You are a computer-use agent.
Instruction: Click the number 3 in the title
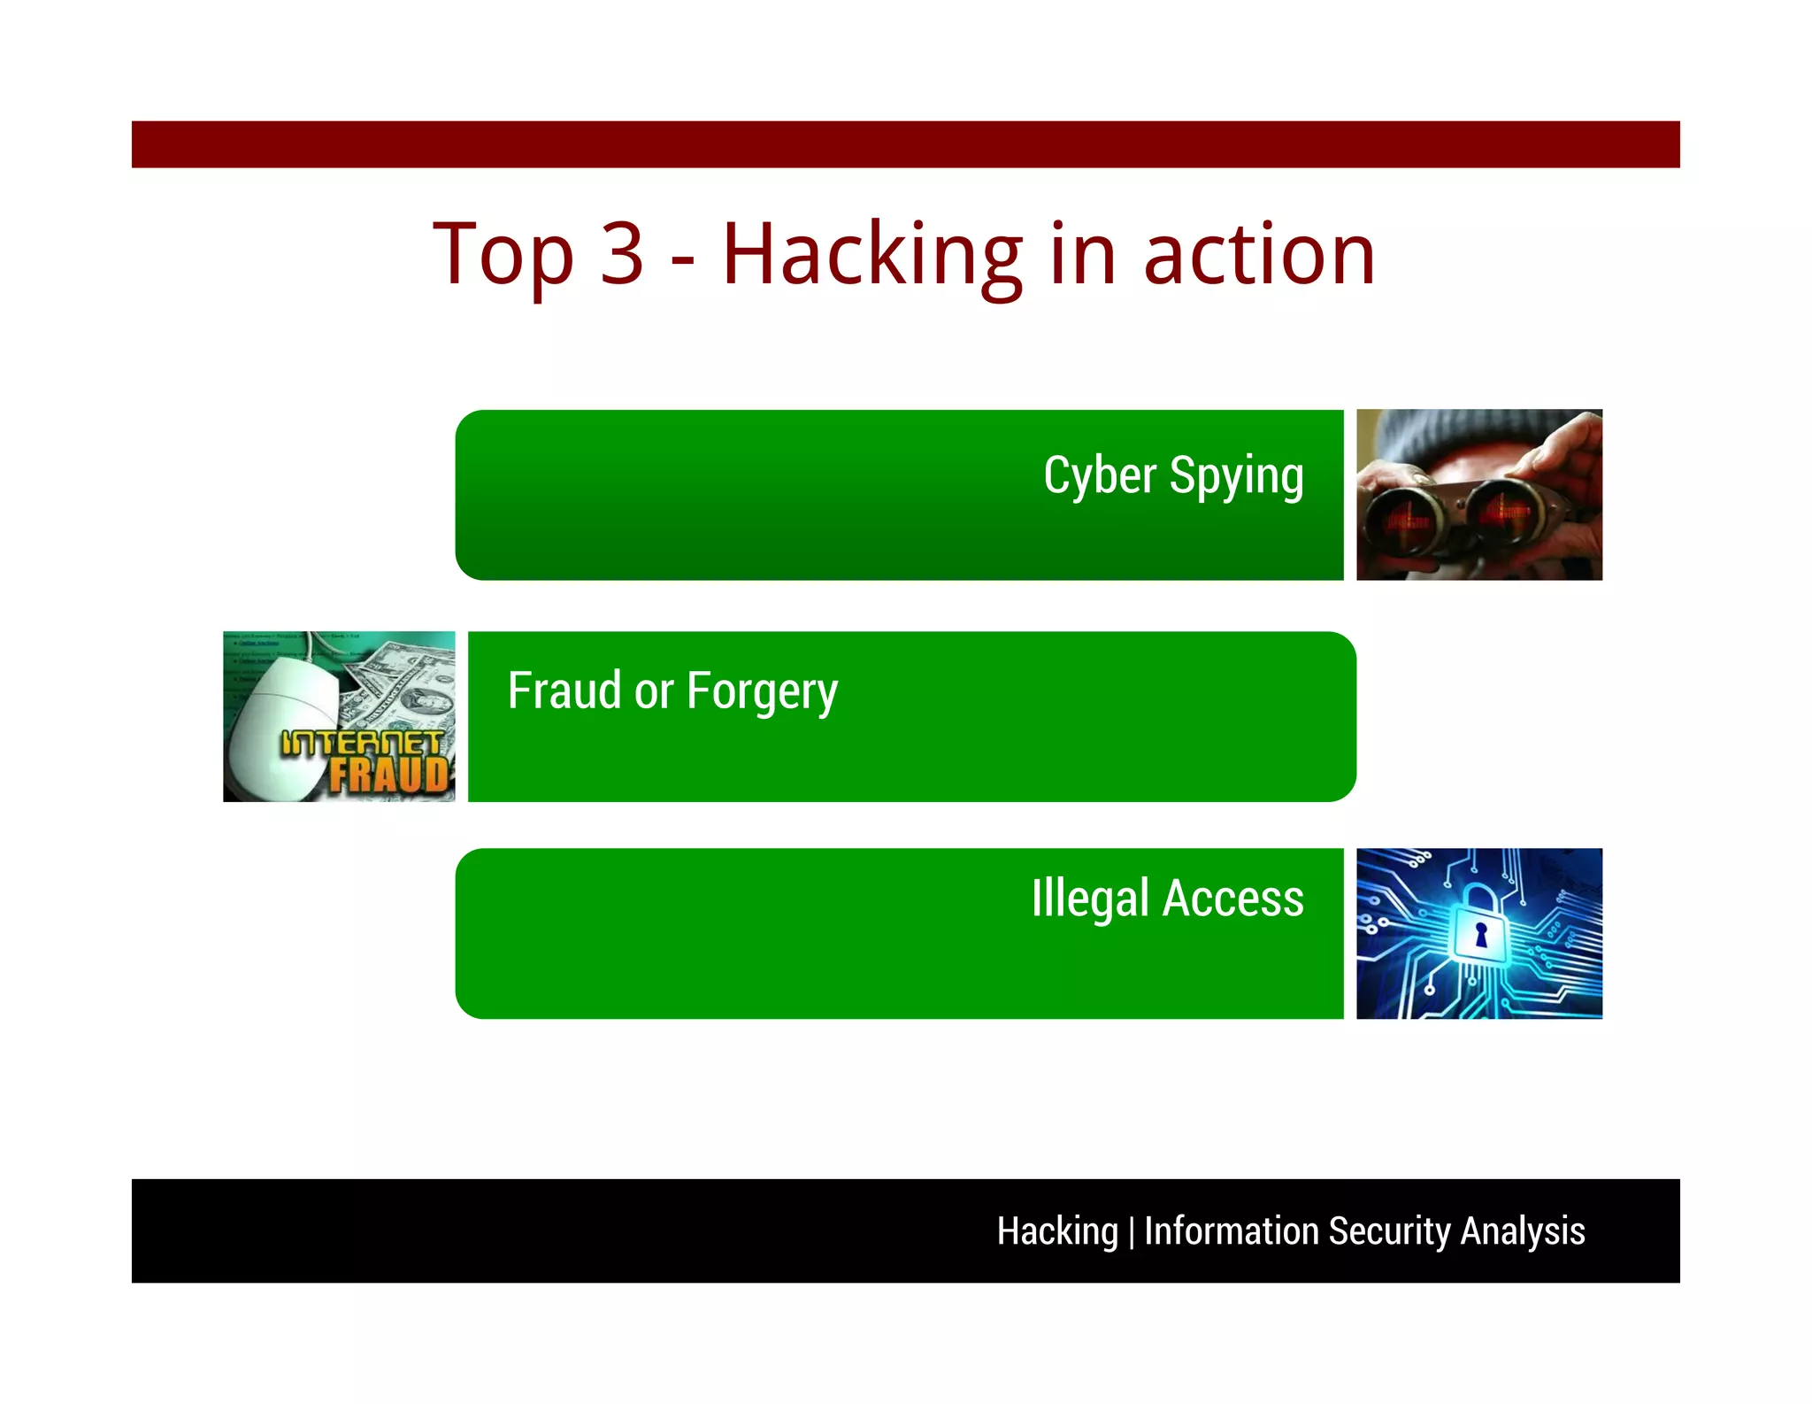coord(621,255)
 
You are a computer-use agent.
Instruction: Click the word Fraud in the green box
coord(564,690)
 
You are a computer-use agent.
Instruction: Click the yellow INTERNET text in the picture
coord(361,743)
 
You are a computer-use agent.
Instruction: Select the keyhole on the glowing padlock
coord(1480,935)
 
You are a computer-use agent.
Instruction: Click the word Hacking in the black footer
coord(1057,1231)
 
